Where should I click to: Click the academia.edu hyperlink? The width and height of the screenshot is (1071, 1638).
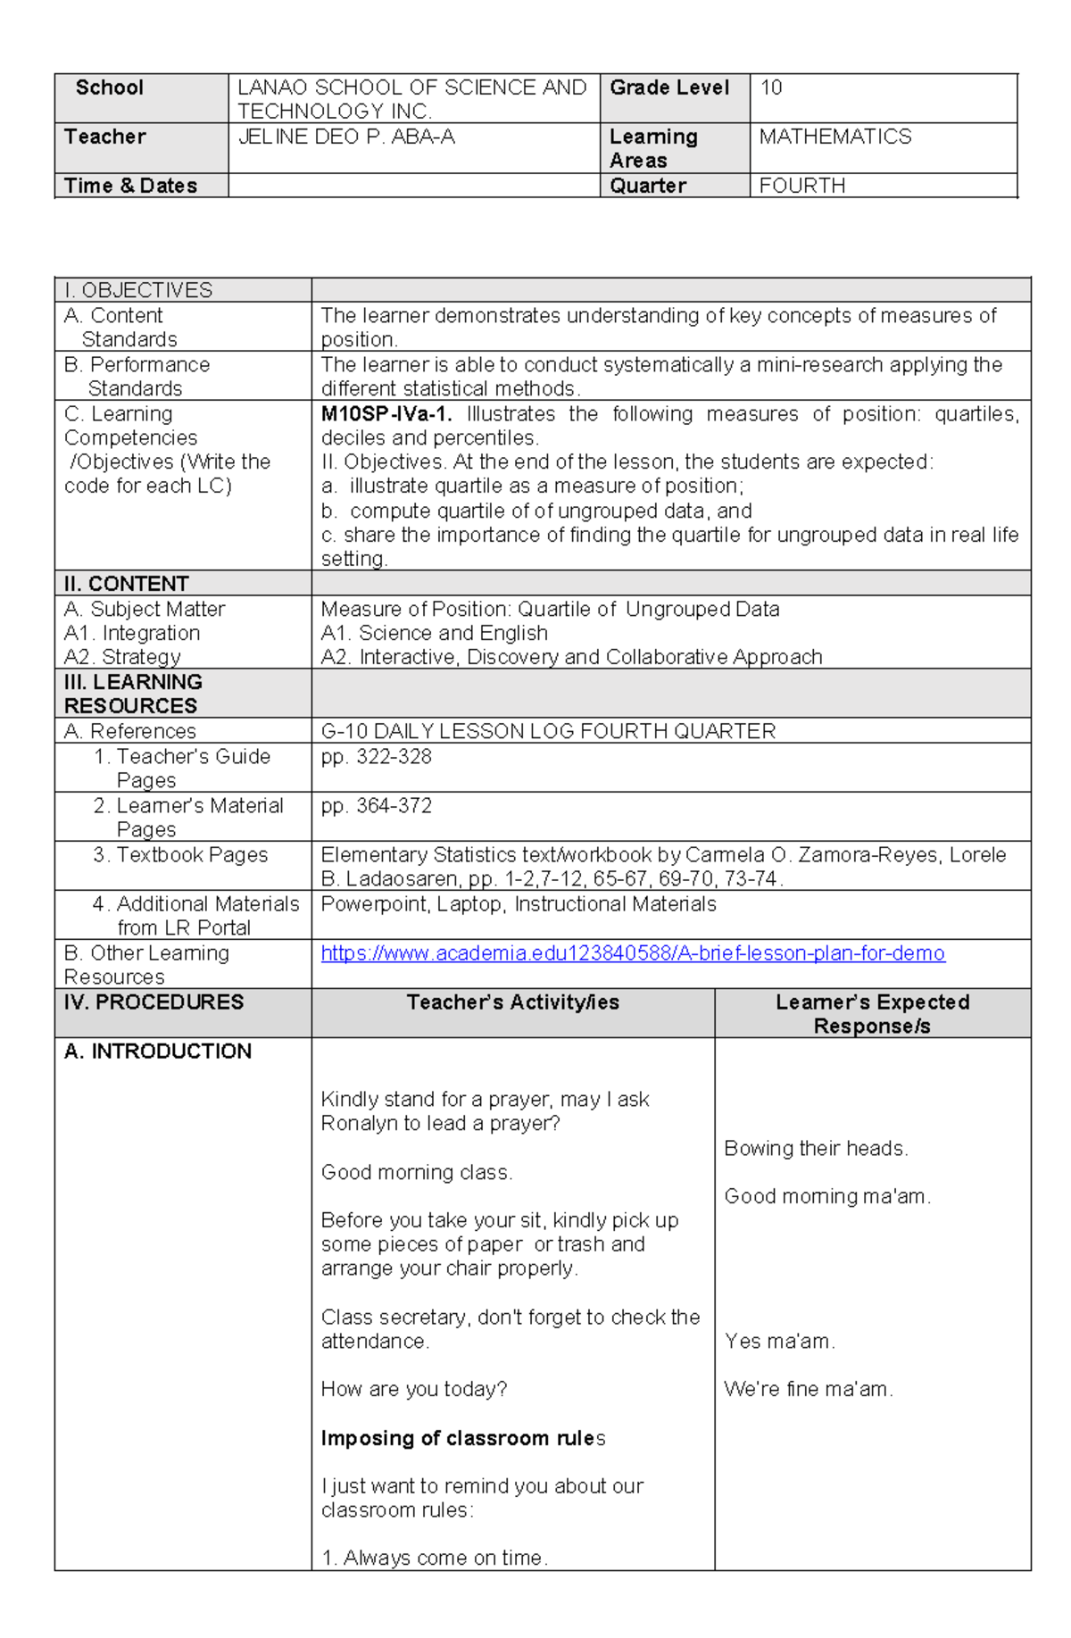click(x=632, y=953)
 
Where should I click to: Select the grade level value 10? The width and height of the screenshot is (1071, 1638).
click(x=771, y=87)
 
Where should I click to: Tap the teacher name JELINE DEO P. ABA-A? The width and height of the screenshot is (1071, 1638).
click(x=346, y=137)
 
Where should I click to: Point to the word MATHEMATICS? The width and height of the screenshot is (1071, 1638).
click(x=834, y=137)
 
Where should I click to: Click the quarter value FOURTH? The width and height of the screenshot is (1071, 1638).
click(x=801, y=186)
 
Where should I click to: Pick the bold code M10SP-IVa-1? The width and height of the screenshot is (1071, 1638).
click(x=386, y=414)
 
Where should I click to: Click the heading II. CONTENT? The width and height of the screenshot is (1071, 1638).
click(x=126, y=584)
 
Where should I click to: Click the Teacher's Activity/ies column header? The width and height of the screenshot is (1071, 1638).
click(x=512, y=1002)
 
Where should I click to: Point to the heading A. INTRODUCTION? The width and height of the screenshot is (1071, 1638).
click(x=158, y=1052)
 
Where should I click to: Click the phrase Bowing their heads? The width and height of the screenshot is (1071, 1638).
click(x=816, y=1149)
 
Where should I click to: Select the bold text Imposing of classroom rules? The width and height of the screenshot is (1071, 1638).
click(x=462, y=1438)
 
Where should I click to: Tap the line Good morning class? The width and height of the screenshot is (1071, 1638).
click(x=416, y=1173)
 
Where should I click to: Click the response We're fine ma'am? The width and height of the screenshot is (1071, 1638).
click(x=808, y=1390)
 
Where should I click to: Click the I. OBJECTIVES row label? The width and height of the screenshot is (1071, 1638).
click(x=138, y=290)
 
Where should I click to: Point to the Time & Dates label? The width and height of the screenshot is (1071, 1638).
click(x=130, y=186)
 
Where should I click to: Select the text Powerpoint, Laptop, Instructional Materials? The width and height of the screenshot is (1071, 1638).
click(x=518, y=904)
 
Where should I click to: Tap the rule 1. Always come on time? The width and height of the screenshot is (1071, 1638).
click(x=434, y=1559)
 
